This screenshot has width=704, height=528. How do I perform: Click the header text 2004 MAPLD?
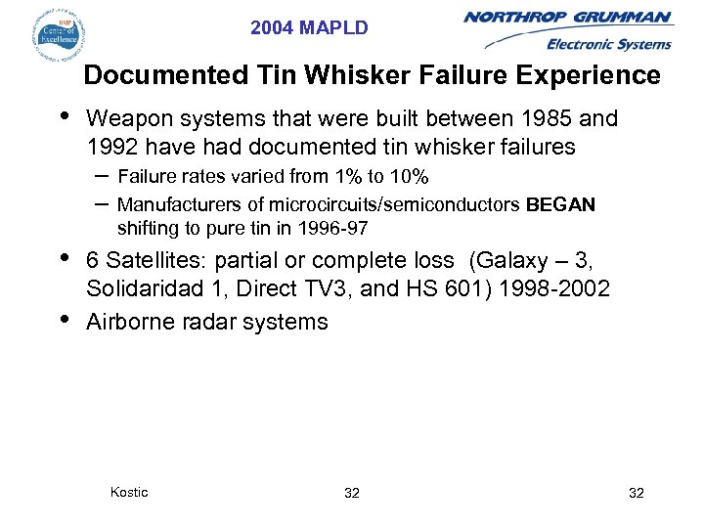pos(309,28)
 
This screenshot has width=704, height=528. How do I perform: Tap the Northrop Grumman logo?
pos(567,19)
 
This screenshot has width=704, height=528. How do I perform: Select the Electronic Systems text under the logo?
pos(608,44)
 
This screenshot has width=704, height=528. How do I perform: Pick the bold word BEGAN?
pos(560,204)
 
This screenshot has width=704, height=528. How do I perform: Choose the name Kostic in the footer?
pos(129,492)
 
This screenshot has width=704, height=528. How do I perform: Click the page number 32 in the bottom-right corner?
pos(636,493)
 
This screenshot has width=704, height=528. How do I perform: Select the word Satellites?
pos(155,261)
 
